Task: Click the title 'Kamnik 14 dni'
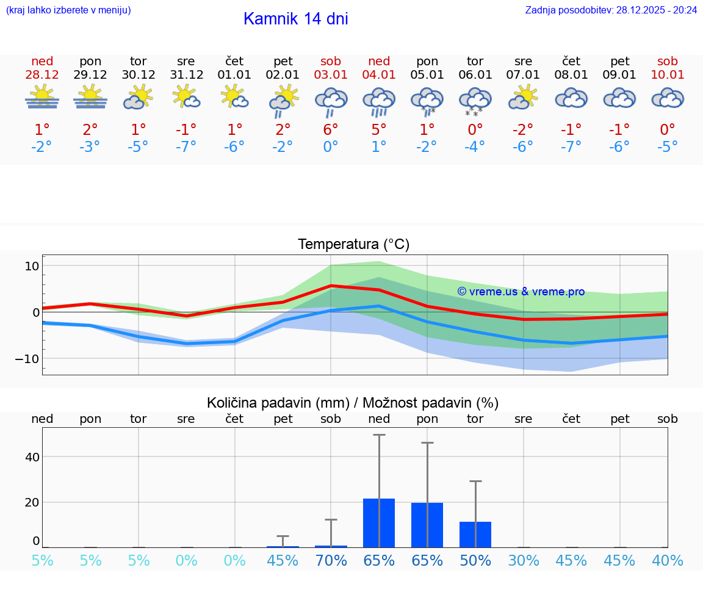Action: point(295,19)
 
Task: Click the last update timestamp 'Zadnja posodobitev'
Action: point(611,10)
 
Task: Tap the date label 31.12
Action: point(186,75)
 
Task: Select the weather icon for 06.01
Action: point(475,101)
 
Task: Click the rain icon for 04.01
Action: point(379,101)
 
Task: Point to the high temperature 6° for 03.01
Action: point(331,130)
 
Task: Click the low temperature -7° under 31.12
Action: point(186,147)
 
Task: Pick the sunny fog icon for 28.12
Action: point(42,98)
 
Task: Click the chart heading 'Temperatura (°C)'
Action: point(353,245)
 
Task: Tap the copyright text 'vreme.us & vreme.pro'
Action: point(521,292)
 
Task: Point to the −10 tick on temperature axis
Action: point(27,358)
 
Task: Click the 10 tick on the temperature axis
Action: point(32,266)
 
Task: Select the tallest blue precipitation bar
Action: point(379,523)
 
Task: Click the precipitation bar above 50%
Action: point(475,535)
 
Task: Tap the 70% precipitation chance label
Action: point(331,561)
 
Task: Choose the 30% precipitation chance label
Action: point(524,561)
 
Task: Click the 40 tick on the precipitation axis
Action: point(32,457)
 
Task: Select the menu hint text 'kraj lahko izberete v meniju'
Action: point(68,10)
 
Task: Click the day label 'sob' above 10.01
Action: point(668,61)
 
